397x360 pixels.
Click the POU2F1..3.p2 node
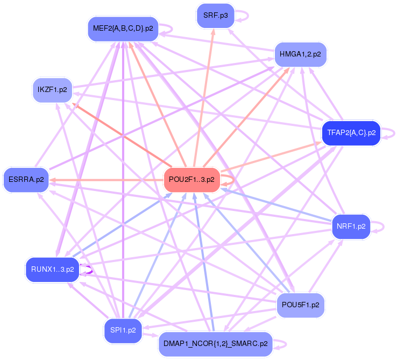coord(192,180)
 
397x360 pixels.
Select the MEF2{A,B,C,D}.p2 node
coord(123,28)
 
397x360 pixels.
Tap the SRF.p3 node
coord(215,16)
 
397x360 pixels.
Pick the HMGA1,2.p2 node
coord(301,54)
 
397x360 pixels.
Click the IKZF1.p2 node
coord(52,89)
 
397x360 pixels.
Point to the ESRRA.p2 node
coord(26,180)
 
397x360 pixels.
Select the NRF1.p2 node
coord(351,227)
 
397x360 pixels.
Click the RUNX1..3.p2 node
coord(52,269)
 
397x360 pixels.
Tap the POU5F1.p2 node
coord(301,305)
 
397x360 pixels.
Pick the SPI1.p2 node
coord(123,330)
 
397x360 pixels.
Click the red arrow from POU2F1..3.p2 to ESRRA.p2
coord(108,180)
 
